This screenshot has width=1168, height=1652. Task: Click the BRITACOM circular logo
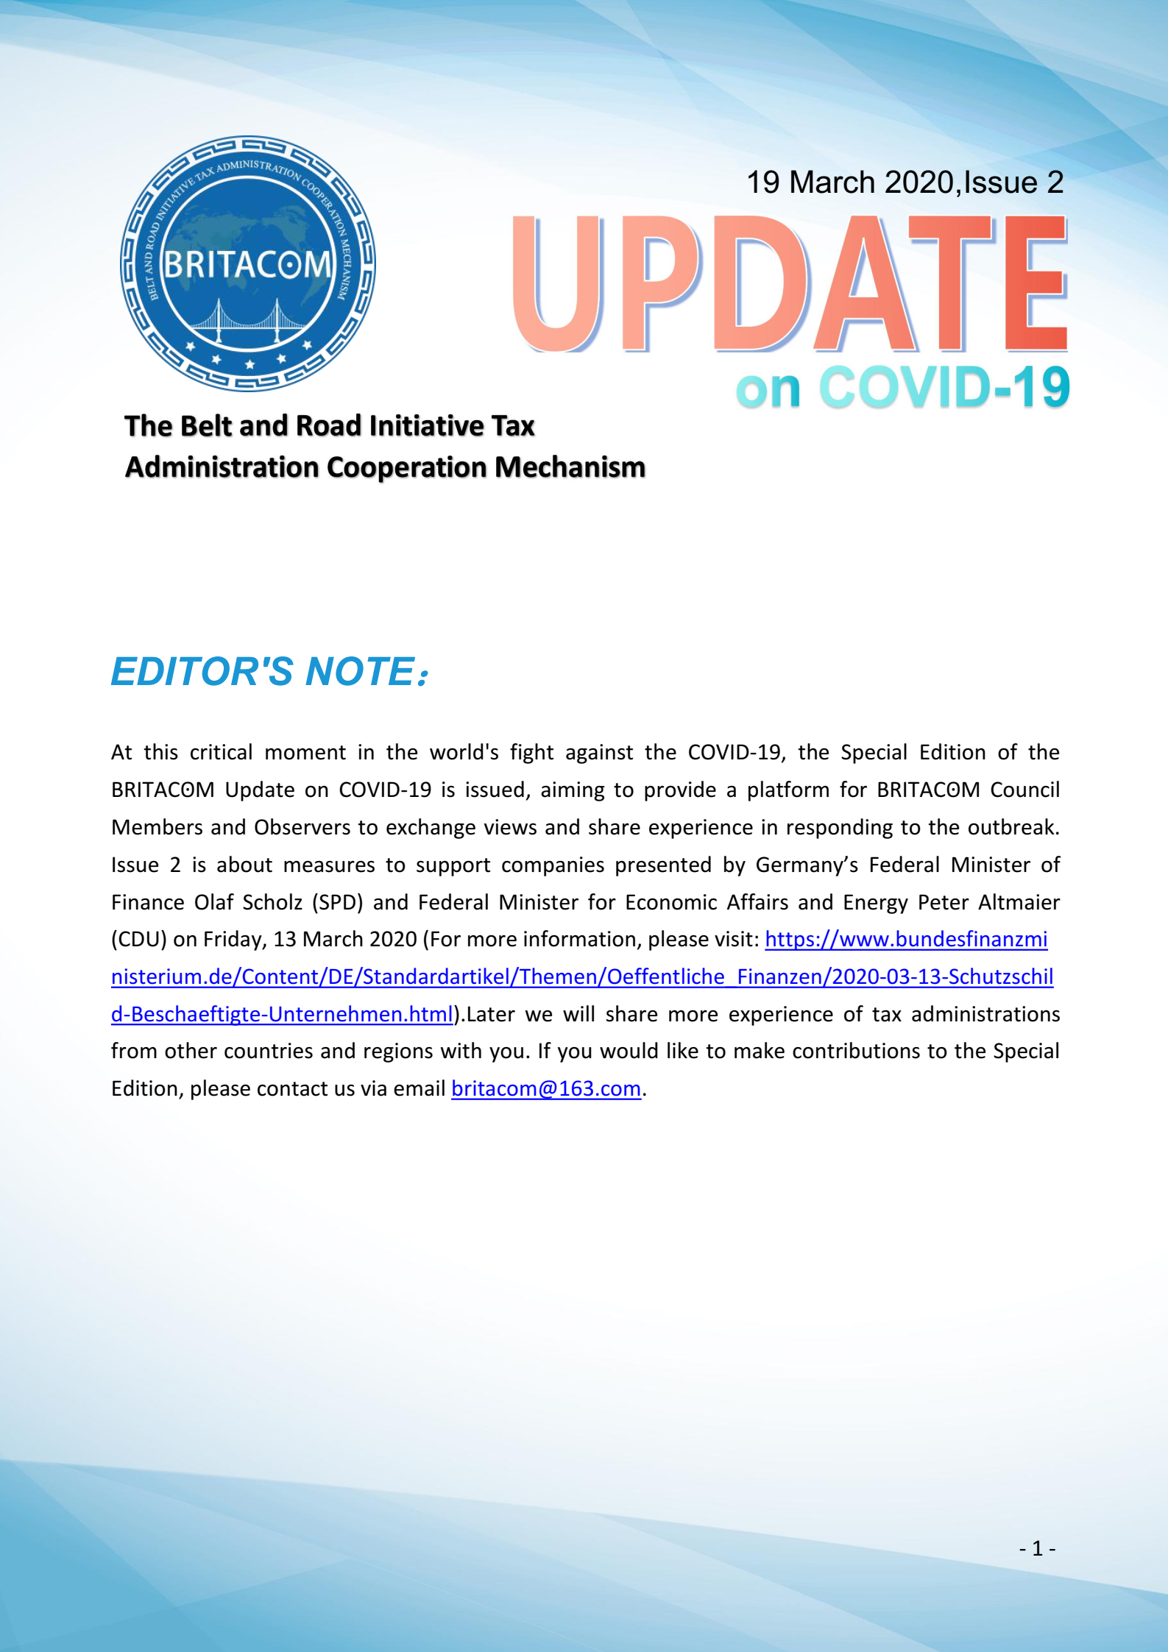(x=248, y=263)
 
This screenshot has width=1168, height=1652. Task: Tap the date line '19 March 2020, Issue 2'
(x=905, y=182)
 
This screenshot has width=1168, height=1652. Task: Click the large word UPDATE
(x=789, y=283)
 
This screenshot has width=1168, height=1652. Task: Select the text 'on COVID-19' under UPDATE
(x=902, y=388)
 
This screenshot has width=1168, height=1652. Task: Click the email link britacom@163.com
(x=545, y=1088)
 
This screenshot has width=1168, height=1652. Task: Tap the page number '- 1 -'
(x=1037, y=1549)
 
